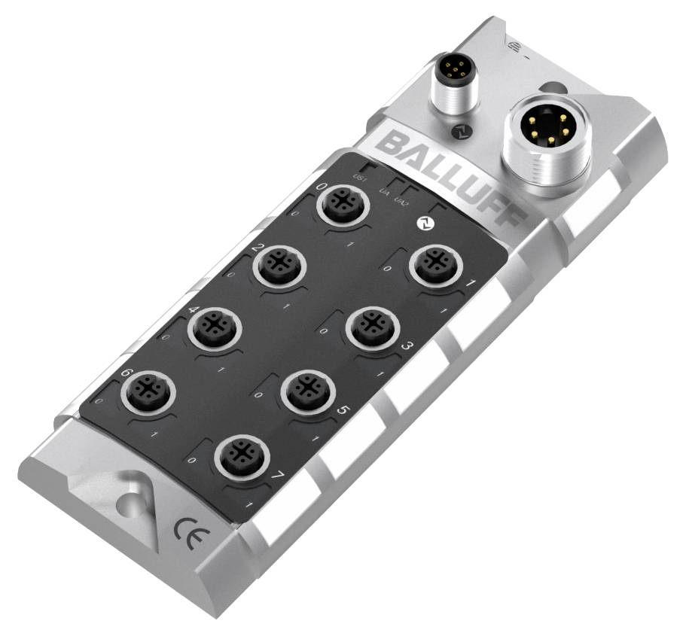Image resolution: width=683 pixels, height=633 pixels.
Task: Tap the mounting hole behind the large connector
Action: (x=553, y=89)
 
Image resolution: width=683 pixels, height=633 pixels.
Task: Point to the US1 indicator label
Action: (x=360, y=178)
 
